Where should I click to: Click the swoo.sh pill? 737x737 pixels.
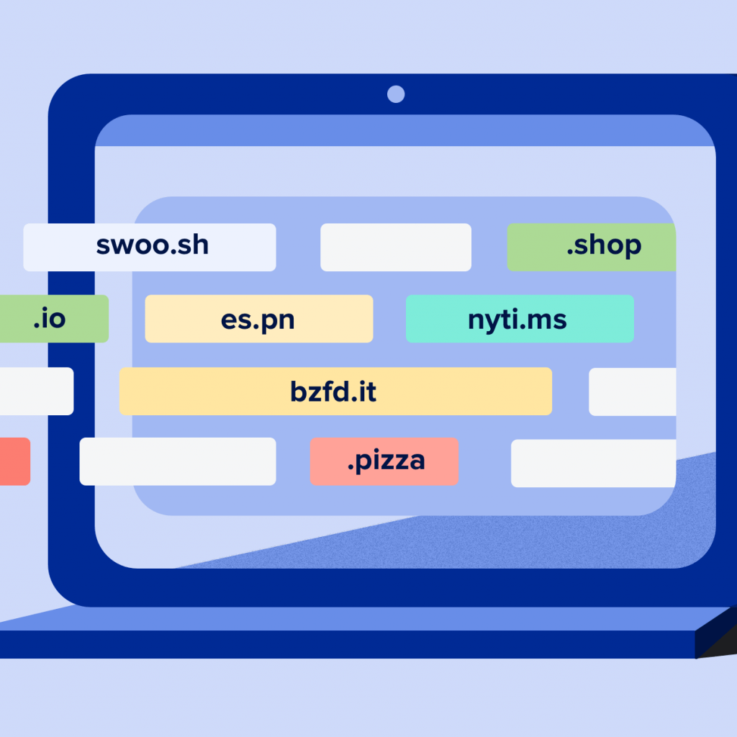[x=150, y=247]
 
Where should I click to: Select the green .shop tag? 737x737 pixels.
[x=592, y=247]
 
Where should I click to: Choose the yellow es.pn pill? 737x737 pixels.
[x=258, y=318]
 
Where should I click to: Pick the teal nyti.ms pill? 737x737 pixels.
[x=520, y=318]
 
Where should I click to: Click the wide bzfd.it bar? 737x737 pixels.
[x=335, y=392]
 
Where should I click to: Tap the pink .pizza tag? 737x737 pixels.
[x=384, y=461]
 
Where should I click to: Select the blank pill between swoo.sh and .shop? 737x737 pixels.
[x=395, y=247]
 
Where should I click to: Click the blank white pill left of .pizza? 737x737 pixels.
[x=177, y=461]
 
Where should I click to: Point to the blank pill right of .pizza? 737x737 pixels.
[x=593, y=464]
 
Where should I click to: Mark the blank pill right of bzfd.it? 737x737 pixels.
[x=632, y=392]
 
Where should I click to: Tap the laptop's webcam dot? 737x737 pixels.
[x=396, y=94]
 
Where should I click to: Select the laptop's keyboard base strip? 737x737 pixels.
[x=345, y=643]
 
